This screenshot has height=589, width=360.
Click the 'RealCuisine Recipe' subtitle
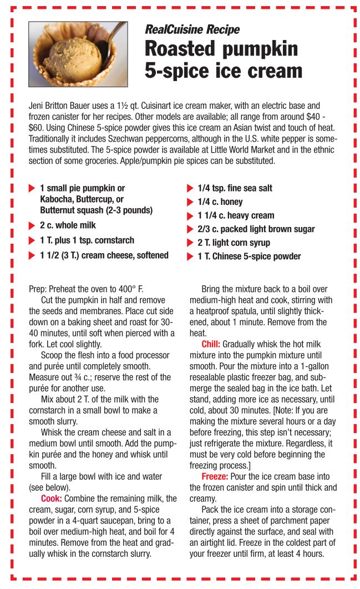pos(192,29)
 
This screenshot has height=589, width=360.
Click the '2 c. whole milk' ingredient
pos(68,225)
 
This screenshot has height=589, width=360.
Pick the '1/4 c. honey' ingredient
pos(220,202)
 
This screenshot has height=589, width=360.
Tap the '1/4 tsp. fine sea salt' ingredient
pos(235,188)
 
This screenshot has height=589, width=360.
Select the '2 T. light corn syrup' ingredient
pos(234,243)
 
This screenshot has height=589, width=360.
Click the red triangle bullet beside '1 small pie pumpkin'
pos(32,189)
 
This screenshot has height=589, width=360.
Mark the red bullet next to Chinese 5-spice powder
pos(190,256)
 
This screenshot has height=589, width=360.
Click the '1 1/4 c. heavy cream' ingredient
pos(236,215)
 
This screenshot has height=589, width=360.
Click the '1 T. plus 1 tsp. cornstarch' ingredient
pos(87,240)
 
